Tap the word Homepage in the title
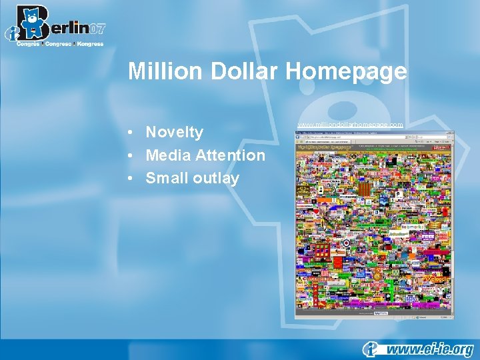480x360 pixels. click(346, 71)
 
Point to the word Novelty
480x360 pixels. click(175, 132)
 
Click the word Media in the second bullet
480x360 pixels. click(167, 155)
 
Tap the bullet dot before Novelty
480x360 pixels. click(134, 133)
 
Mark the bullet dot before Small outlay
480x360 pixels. click(134, 179)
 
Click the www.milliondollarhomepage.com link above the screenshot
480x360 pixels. click(350, 125)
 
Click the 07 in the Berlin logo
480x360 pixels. click(96, 29)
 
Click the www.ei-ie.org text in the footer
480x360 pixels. click(430, 349)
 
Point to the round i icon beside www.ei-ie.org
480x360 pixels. click(371, 349)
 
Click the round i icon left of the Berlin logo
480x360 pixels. click(11, 33)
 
